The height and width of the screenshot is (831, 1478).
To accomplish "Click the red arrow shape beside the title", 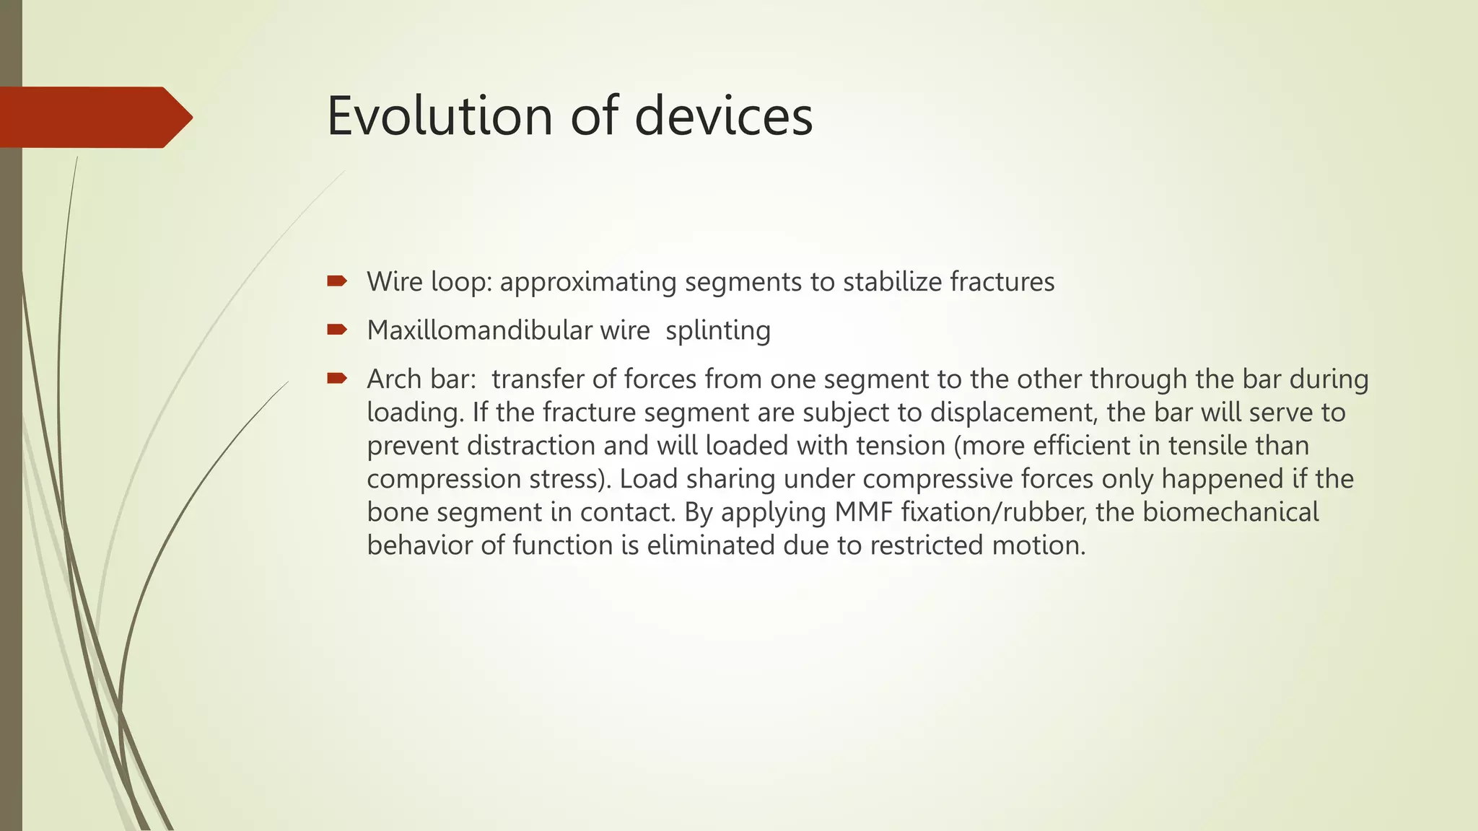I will [x=94, y=117].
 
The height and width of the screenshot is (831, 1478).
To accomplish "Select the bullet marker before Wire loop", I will [x=336, y=281].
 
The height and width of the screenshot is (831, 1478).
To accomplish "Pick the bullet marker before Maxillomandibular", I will [x=336, y=330].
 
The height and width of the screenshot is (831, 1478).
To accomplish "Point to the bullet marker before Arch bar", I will [x=336, y=378].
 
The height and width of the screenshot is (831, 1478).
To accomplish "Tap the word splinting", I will [x=718, y=330].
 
